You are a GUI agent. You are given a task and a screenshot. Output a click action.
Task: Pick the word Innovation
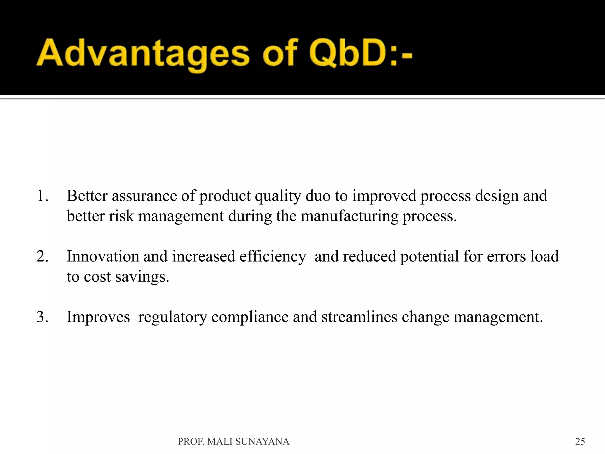click(103, 257)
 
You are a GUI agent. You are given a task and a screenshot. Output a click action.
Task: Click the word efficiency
click(273, 257)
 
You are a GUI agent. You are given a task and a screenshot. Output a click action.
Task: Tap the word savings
click(142, 277)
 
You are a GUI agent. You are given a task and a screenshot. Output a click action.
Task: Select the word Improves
click(98, 317)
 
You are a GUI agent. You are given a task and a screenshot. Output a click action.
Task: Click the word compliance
click(250, 317)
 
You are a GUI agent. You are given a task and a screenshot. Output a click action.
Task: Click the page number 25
click(580, 442)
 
